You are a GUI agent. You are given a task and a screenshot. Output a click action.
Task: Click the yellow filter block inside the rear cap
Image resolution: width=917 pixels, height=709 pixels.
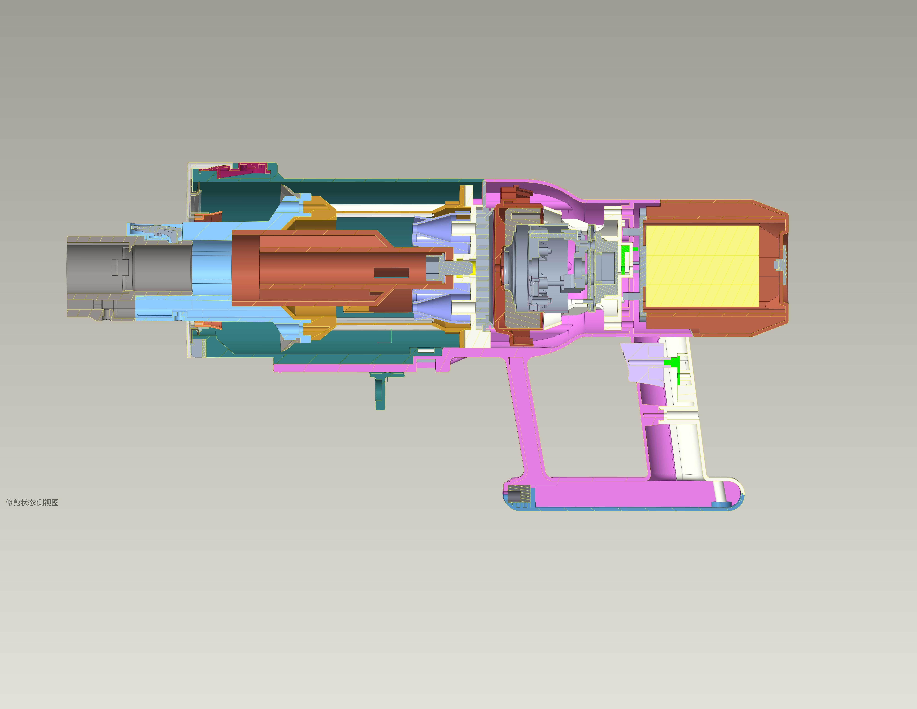tap(702, 266)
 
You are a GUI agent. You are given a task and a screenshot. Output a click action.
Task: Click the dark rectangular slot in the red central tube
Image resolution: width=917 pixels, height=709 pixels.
tap(391, 273)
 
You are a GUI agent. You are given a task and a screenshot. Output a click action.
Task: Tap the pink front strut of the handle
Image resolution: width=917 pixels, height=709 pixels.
tap(527, 420)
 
